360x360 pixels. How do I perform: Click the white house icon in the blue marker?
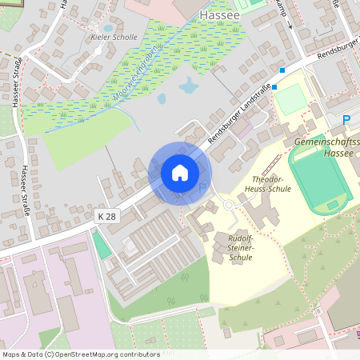180,173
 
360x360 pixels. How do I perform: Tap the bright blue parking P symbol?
346,120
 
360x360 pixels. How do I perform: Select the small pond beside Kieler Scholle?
109,28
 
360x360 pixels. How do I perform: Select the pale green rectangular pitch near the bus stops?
293,99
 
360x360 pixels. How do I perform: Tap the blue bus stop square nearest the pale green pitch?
274,86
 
